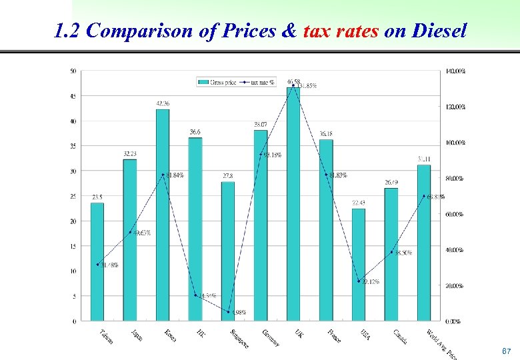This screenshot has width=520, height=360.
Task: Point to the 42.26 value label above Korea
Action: click(163, 103)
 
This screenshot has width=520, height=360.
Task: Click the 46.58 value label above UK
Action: click(294, 81)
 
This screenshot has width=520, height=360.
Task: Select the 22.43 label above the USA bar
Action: click(359, 203)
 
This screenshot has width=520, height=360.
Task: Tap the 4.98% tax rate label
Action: click(238, 312)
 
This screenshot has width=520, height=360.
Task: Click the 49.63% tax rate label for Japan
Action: click(141, 233)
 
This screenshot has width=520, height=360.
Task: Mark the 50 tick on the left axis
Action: click(73, 71)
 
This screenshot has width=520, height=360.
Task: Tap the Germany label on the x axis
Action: click(271, 337)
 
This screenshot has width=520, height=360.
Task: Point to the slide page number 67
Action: click(506, 351)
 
